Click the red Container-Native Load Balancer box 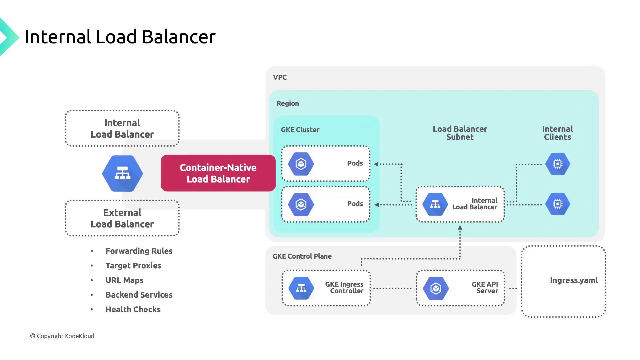218,173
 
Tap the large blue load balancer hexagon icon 122,173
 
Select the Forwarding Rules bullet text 139,251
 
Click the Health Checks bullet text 133,309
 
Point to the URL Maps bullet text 124,280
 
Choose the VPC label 280,77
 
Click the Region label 288,103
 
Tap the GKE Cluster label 300,130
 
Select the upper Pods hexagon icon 301,164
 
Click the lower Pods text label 355,204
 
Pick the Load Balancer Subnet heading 460,133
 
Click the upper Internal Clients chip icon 558,164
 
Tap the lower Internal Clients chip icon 558,204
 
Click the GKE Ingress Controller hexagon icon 301,288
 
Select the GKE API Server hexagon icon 436,288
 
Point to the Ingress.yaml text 574,280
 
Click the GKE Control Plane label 302,256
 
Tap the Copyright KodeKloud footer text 62,336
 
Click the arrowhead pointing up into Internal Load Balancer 460,228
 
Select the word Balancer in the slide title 179,37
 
